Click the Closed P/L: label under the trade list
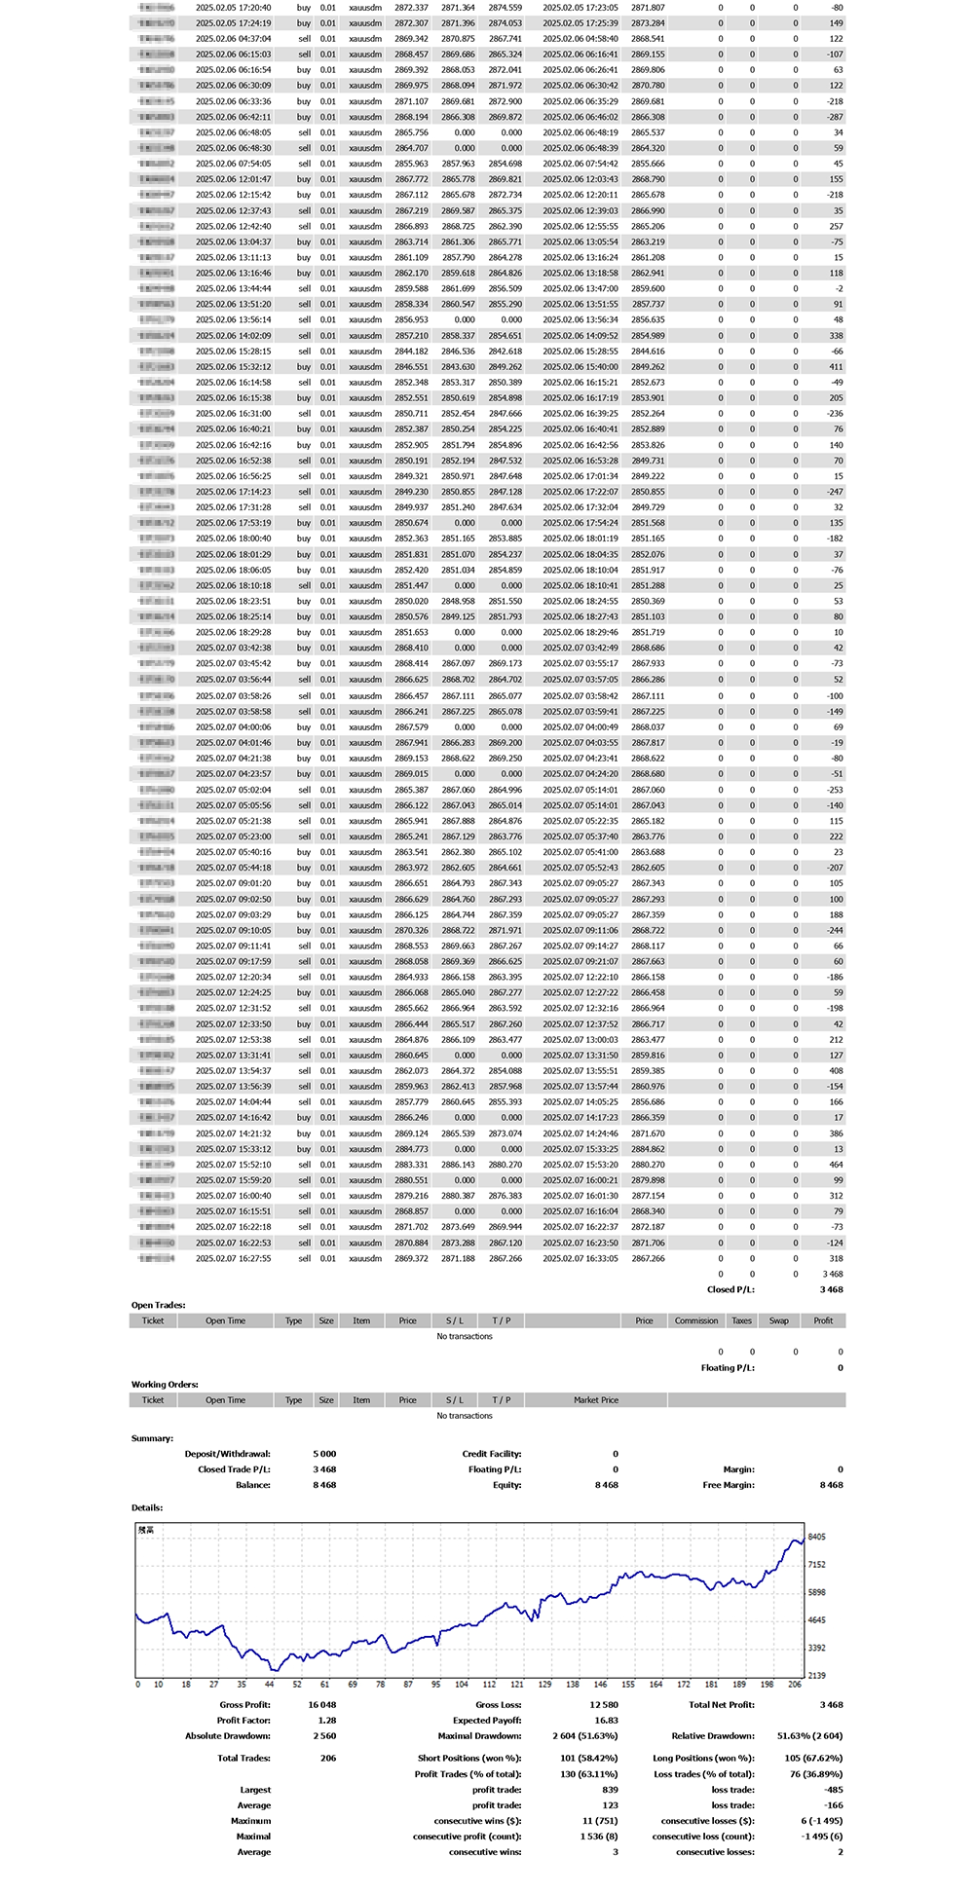(730, 1289)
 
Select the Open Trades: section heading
(159, 1305)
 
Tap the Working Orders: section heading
(165, 1384)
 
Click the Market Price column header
(596, 1399)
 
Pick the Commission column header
(696, 1320)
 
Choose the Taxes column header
(742, 1320)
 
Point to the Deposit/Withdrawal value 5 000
(324, 1454)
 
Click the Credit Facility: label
(492, 1454)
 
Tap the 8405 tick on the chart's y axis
(817, 1537)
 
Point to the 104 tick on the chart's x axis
(462, 1684)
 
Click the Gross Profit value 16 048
(322, 1704)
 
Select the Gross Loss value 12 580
(604, 1704)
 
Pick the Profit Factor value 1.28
(327, 1720)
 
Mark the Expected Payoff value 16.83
(607, 1720)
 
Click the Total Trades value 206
(328, 1758)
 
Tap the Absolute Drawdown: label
(228, 1735)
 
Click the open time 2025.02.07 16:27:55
(234, 1258)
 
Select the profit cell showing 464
(837, 1165)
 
